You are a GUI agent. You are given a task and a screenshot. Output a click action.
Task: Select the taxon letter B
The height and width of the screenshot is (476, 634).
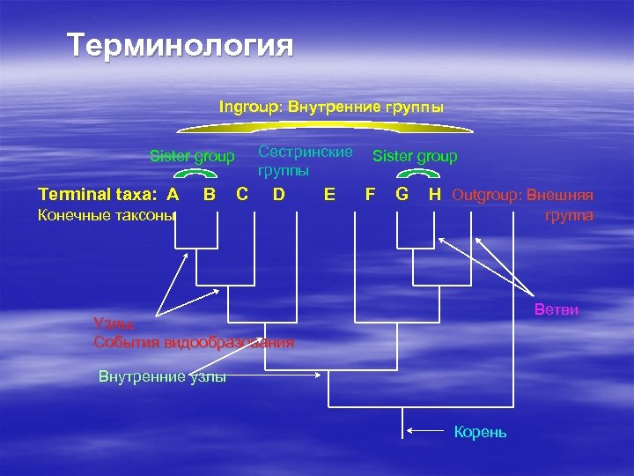coord(210,194)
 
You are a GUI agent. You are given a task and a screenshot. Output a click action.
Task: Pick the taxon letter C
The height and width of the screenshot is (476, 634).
coord(242,194)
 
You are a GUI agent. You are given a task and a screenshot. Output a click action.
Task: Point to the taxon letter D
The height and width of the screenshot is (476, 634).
coord(278,194)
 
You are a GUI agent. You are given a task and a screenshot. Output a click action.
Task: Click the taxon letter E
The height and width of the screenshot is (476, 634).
coord(329,194)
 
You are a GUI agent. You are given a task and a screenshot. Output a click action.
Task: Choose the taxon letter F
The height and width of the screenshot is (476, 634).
coord(371,194)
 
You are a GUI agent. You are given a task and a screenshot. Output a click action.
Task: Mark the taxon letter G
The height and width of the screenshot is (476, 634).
coord(402,194)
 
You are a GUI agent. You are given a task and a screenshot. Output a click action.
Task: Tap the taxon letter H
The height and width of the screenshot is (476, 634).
coord(434,194)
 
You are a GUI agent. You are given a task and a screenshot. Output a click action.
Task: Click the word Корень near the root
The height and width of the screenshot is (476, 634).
coord(480,432)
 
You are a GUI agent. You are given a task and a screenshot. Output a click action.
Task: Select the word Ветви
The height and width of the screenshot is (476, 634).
coord(557,310)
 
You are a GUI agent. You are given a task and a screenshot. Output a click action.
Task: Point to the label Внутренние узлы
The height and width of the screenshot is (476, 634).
coord(162,377)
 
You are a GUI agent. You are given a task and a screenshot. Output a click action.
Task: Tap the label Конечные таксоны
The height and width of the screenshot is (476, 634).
coord(107,215)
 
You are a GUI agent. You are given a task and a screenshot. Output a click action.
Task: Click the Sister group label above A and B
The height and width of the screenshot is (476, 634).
coord(192,157)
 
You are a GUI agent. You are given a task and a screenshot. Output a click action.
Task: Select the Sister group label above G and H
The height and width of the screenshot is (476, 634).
coord(415,156)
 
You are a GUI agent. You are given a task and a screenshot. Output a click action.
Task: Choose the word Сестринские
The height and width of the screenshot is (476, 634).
coord(305,152)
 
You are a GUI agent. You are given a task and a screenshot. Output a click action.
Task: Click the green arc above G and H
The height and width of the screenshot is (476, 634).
coord(417,173)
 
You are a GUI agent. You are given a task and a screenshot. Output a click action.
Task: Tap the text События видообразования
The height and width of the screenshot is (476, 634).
coord(194,342)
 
